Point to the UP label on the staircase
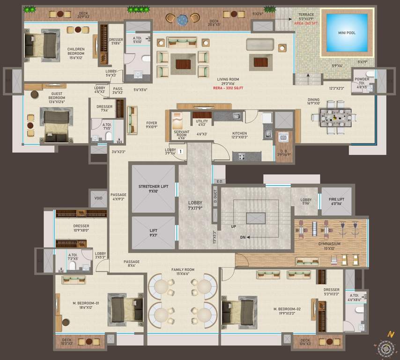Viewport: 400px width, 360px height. tap(233, 226)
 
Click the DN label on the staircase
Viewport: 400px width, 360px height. tap(243, 237)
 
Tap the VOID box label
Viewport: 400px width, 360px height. tap(98, 198)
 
